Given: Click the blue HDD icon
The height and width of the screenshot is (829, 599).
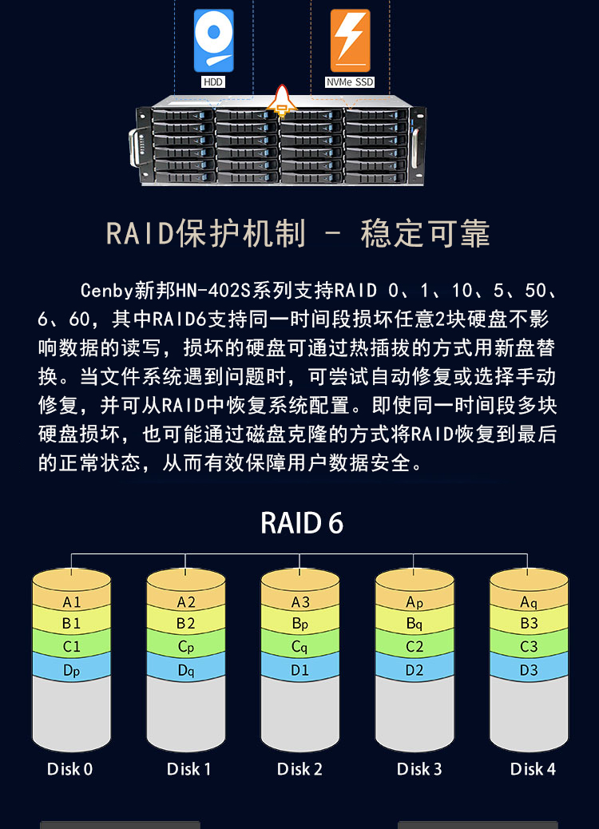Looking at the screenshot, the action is coord(213,40).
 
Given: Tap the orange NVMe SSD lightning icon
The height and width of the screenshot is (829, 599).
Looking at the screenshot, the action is coord(350,40).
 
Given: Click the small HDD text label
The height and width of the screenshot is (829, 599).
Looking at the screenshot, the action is coord(213,82).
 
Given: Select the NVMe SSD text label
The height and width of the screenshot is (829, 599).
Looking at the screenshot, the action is coord(350,82).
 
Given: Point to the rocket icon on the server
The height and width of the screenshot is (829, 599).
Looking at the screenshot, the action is coord(282,101).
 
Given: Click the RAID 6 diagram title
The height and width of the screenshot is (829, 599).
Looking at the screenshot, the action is coord(302,523).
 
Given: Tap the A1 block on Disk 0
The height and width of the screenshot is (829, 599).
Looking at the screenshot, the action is coord(71,601).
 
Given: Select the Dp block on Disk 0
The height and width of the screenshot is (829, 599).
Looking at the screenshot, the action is coord(71,670).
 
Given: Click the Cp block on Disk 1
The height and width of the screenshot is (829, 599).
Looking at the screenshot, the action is coord(185,646).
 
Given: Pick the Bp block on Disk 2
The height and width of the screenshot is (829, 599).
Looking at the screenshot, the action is coord(299,623).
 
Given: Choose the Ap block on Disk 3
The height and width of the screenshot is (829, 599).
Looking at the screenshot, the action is coord(415,601).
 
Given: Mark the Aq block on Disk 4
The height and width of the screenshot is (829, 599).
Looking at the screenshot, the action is coord(529,601).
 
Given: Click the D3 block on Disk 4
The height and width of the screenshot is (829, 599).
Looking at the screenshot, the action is coord(529,670).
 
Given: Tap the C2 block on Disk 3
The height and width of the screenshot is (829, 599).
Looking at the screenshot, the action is coord(415,646).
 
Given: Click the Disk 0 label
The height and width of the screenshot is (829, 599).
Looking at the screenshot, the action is coord(69,769).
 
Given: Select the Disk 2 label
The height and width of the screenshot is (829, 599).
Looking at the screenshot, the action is coord(299,769).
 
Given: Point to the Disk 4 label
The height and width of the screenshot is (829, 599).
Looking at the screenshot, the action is coord(533,769).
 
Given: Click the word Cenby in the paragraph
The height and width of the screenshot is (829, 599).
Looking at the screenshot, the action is coord(106,290).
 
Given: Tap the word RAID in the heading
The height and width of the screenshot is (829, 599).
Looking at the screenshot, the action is coord(140,233).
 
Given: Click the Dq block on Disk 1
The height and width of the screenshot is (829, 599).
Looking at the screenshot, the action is coord(185,670).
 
